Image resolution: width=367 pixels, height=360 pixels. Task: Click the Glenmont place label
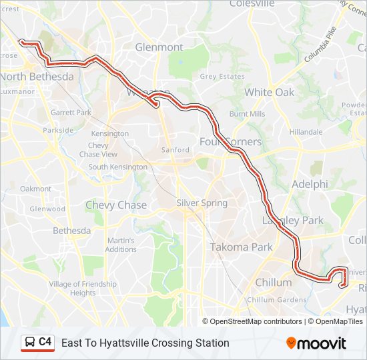pyautogui.click(x=159, y=47)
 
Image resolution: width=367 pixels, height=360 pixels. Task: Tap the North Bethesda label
pyautogui.click(x=37, y=77)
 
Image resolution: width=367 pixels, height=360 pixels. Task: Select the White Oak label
pyautogui.click(x=269, y=92)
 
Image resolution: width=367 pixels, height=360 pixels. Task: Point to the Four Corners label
pyautogui.click(x=231, y=141)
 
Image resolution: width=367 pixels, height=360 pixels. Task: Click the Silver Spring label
pyautogui.click(x=202, y=203)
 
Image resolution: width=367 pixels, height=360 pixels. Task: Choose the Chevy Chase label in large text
pyautogui.click(x=115, y=205)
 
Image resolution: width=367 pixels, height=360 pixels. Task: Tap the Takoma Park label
pyautogui.click(x=241, y=247)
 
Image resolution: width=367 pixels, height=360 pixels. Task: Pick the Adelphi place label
pyautogui.click(x=310, y=184)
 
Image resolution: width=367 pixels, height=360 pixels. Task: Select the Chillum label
pyautogui.click(x=273, y=283)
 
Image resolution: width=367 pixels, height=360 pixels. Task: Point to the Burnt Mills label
pyautogui.click(x=248, y=114)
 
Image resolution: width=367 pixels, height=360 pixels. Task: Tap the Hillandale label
pyautogui.click(x=306, y=132)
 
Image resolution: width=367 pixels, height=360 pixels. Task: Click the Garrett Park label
pyautogui.click(x=71, y=113)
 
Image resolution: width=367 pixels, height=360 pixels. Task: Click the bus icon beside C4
pyautogui.click(x=30, y=342)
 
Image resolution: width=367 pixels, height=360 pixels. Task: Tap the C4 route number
pyautogui.click(x=45, y=342)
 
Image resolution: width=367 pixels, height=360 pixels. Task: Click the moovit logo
pyautogui.click(x=316, y=343)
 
